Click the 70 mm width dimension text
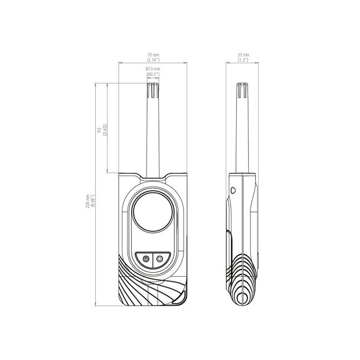[x=153, y=55]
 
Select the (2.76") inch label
[x=153, y=60]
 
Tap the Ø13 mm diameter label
[x=153, y=69]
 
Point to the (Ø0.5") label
[x=153, y=75]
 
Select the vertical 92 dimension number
[x=99, y=131]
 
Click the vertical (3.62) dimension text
[x=105, y=131]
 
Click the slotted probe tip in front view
[x=153, y=91]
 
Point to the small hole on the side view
[x=233, y=190]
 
